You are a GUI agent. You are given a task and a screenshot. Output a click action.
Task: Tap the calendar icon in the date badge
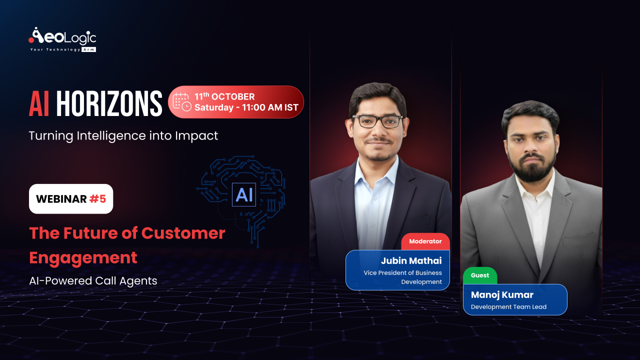[181, 101]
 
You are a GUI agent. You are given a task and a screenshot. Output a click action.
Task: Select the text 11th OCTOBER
[224, 96]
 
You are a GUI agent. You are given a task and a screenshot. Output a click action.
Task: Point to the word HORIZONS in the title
[109, 104]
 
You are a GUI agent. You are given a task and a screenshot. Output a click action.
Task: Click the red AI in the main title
[39, 104]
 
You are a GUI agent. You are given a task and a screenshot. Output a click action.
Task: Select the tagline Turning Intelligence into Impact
[123, 135]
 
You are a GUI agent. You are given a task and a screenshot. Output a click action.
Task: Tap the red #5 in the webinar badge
[97, 199]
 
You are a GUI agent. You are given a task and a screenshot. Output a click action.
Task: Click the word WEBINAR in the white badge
[61, 199]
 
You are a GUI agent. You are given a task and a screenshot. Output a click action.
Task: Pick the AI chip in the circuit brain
[244, 194]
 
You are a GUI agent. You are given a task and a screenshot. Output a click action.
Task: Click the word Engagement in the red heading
[83, 257]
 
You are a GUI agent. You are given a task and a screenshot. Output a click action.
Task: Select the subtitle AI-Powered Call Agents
[93, 281]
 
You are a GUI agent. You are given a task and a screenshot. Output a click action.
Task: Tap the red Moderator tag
[425, 241]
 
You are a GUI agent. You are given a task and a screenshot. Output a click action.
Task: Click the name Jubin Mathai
[411, 260]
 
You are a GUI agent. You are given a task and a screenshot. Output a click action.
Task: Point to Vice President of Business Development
[403, 277]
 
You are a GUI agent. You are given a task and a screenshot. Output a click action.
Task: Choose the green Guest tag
[480, 275]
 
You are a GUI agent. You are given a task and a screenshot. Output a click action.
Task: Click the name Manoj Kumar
[502, 294]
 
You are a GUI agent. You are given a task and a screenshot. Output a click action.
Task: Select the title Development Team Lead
[508, 307]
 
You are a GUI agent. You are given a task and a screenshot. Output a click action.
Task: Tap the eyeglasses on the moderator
[377, 121]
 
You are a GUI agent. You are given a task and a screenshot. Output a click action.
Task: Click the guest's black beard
[530, 168]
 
